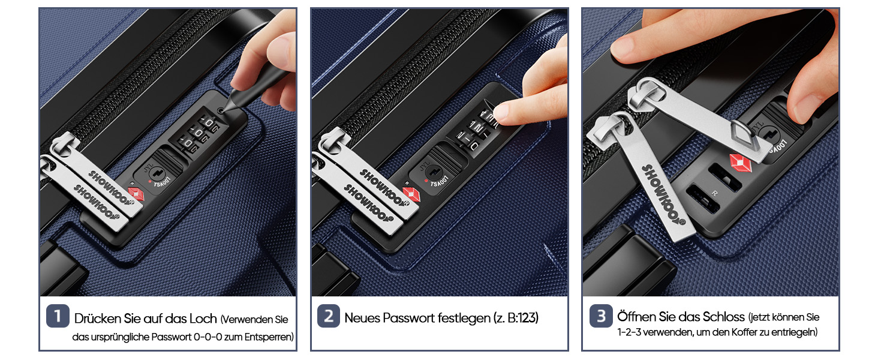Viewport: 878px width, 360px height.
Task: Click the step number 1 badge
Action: click(58, 316)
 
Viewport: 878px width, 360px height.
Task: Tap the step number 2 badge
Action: click(329, 316)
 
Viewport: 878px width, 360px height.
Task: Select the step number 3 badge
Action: click(601, 316)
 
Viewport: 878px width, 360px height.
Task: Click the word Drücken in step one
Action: click(98, 319)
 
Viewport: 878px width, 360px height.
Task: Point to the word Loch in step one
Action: click(203, 319)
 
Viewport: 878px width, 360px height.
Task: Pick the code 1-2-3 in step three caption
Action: click(629, 332)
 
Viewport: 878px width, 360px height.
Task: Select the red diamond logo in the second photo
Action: click(411, 195)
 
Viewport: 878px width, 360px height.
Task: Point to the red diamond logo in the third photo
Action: click(741, 163)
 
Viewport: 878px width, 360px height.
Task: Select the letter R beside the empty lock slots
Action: click(714, 193)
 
